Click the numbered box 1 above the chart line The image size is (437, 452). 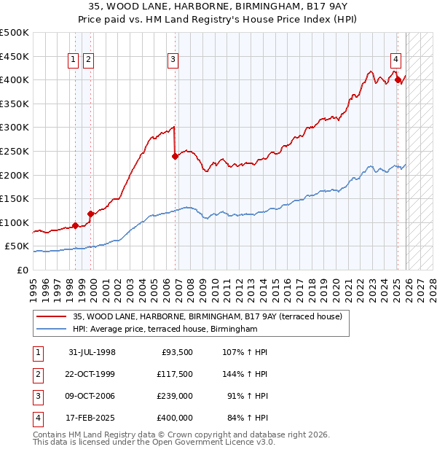pyautogui.click(x=74, y=61)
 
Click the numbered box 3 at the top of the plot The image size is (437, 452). pyautogui.click(x=173, y=61)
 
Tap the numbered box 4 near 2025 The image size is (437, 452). pyautogui.click(x=395, y=61)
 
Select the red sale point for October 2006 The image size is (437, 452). pyautogui.click(x=175, y=156)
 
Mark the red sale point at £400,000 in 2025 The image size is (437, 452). pyautogui.click(x=398, y=79)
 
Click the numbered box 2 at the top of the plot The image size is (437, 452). pyautogui.click(x=88, y=61)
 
